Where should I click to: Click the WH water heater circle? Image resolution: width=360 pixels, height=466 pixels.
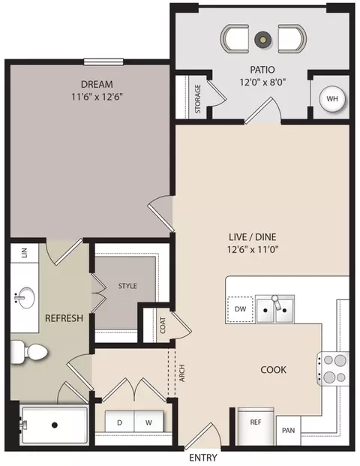[332, 98]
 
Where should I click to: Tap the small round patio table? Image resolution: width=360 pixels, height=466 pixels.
[262, 39]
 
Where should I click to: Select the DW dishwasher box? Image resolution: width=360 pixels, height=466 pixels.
[240, 309]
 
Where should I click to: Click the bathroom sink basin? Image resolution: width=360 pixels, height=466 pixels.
[25, 298]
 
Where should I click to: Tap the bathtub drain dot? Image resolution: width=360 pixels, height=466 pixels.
[54, 425]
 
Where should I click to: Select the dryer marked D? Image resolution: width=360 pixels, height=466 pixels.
[120, 422]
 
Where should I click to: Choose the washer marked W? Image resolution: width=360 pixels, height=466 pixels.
[148, 422]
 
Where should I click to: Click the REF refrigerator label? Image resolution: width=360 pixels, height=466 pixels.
[256, 422]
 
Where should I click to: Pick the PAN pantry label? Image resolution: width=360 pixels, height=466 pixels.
[289, 430]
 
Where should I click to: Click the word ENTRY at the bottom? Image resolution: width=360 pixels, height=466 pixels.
[202, 458]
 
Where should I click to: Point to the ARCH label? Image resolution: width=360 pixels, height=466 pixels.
[182, 373]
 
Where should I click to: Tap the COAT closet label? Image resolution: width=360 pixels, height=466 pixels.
[163, 325]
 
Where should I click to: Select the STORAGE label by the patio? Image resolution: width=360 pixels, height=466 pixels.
[198, 98]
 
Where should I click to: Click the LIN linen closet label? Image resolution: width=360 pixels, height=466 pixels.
[25, 253]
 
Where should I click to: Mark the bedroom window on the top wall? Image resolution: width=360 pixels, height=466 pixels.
[103, 62]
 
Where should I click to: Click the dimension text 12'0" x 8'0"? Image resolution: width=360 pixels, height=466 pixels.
[262, 82]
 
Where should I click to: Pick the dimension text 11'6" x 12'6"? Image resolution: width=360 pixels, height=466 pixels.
[97, 97]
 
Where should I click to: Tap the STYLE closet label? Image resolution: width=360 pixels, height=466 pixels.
[127, 286]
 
